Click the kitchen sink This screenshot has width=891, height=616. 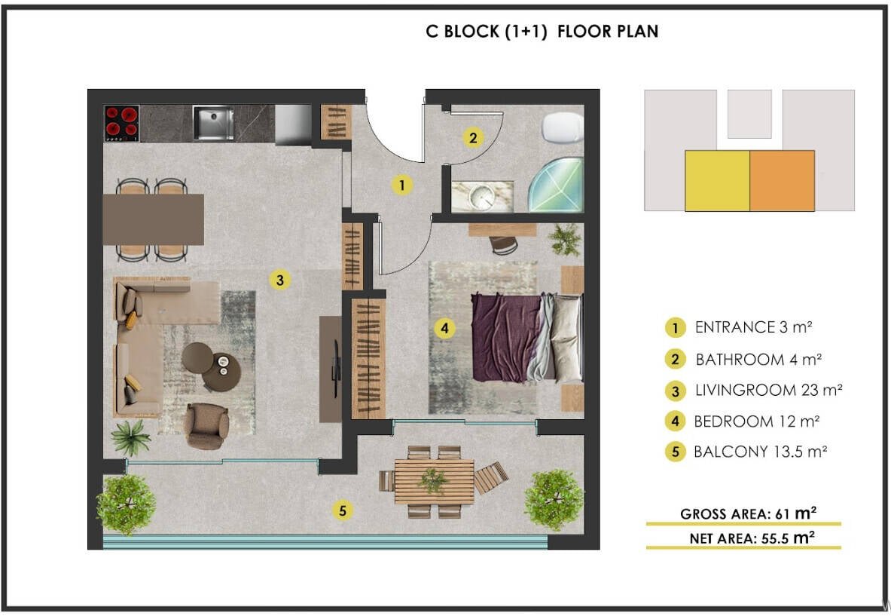coord(213,122)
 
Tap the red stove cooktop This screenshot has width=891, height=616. coord(121,124)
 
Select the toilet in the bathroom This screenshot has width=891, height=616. coord(563,127)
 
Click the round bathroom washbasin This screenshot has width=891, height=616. coord(483,196)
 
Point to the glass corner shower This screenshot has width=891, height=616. coord(557,185)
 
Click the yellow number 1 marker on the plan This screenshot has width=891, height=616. coord(401,185)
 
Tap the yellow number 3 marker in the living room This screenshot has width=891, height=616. coord(279,279)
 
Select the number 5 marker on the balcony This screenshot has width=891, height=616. coord(342,510)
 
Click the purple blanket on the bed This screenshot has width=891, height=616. coord(505,338)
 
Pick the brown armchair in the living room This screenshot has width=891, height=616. coord(207,426)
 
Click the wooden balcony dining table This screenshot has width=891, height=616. coord(434,481)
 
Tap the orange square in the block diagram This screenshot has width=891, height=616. coord(782,181)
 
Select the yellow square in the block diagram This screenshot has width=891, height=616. coord(717,181)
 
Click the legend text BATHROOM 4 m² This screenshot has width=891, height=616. coord(758,360)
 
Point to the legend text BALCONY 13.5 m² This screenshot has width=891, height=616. coord(760,452)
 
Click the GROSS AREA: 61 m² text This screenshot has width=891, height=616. coord(749,513)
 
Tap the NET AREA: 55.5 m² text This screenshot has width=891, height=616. coord(752,538)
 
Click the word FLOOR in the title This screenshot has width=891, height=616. coord(584,31)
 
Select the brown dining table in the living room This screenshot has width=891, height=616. coord(154,219)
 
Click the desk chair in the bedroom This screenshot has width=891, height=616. coord(503,245)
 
